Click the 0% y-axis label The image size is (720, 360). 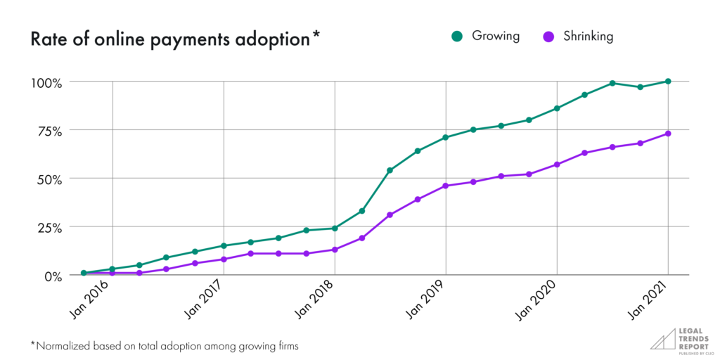pos(51,276)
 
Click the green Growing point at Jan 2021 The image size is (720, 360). pos(668,82)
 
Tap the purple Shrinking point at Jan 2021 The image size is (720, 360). pos(668,134)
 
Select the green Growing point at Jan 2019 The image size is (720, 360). pos(446,137)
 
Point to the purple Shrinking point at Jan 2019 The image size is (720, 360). pos(446,186)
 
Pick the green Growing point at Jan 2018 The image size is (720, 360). pos(335,229)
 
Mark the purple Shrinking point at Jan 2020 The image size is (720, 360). pos(557,165)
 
